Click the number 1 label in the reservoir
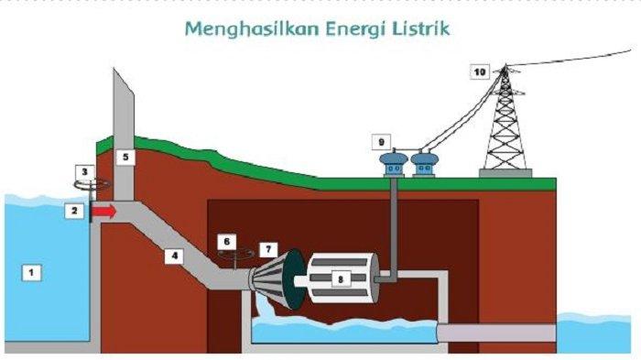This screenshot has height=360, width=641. (33, 272)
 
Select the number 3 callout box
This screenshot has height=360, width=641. (85, 171)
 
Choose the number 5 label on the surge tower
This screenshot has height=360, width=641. (127, 158)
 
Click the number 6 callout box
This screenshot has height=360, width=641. (225, 241)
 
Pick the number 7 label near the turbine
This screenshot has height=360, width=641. (267, 248)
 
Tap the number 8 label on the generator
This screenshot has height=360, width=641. (342, 277)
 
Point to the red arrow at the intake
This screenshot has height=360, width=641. (105, 212)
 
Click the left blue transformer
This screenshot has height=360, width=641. (394, 165)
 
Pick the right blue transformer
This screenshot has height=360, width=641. (425, 165)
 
